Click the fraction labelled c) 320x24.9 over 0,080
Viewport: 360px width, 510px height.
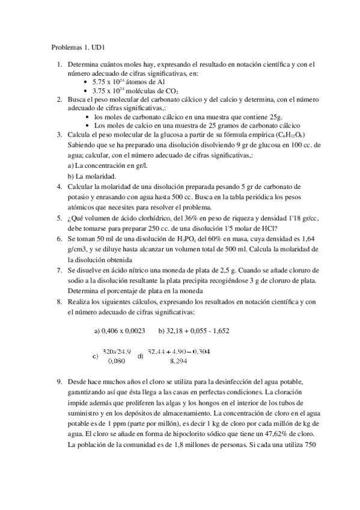(113, 356)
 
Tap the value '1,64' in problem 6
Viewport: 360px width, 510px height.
(303, 239)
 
